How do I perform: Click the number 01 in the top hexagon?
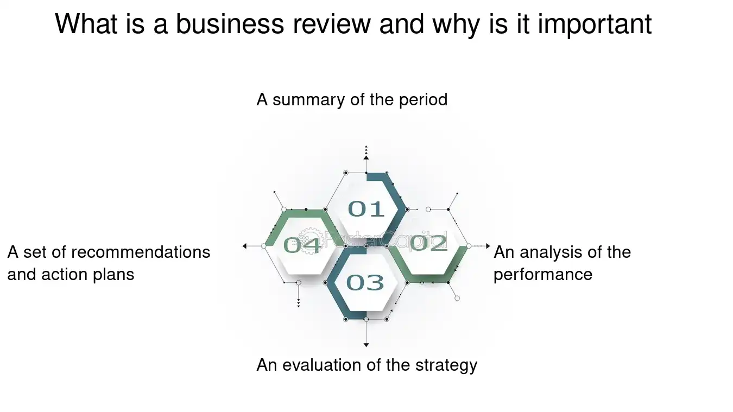click(x=366, y=209)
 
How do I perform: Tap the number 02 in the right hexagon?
click(x=428, y=243)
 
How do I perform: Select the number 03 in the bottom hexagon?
click(x=365, y=282)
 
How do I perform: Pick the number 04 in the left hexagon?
click(x=302, y=245)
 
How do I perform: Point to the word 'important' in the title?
click(x=595, y=24)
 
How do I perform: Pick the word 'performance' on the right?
click(x=542, y=274)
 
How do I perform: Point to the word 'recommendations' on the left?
click(x=141, y=252)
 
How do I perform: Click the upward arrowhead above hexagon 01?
click(x=366, y=157)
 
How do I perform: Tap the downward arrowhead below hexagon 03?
click(x=366, y=345)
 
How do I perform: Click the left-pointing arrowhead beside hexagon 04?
click(x=245, y=246)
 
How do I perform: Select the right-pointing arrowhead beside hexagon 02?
click(x=489, y=246)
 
